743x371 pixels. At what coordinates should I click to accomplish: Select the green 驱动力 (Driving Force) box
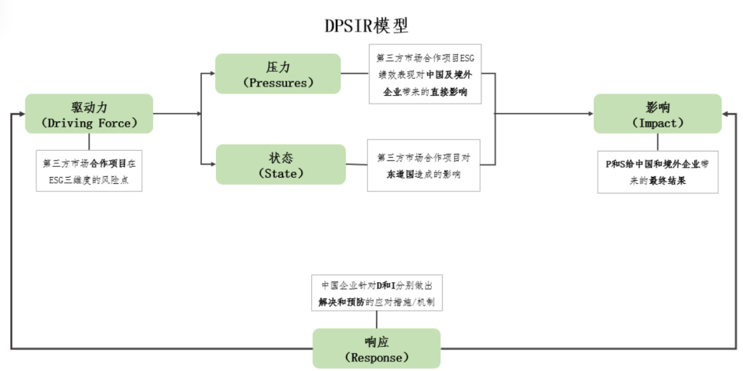[x=89, y=114]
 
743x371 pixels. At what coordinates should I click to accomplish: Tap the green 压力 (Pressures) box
[x=278, y=73]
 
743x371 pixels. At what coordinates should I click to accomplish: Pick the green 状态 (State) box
[x=279, y=164]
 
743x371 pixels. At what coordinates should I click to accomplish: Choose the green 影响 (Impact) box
[x=657, y=114]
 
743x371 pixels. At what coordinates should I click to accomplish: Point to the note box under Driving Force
[x=89, y=171]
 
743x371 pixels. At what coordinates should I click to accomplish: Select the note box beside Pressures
[x=425, y=74]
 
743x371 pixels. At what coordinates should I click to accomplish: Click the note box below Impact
[x=657, y=172]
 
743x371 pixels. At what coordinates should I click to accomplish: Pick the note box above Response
[x=376, y=293]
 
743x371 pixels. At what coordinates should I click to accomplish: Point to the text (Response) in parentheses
[x=376, y=358]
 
